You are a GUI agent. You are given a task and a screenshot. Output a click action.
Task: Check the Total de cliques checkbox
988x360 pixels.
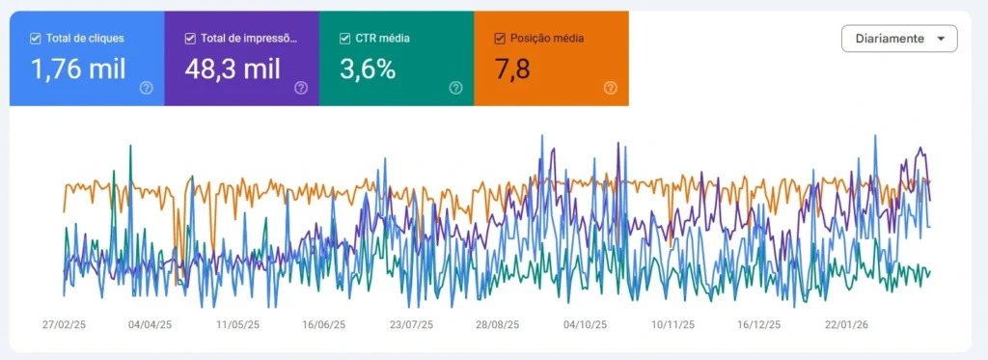click(x=36, y=39)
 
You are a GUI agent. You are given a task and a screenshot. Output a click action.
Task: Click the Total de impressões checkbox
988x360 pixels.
click(x=190, y=39)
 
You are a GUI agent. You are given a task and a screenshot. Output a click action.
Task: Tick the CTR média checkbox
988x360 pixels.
click(x=345, y=39)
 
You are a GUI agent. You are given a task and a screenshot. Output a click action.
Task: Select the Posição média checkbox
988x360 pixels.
click(x=499, y=39)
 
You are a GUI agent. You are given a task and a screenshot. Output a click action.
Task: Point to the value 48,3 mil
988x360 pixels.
click(x=232, y=69)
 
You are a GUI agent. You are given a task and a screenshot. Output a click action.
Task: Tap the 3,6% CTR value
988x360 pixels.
click(x=368, y=69)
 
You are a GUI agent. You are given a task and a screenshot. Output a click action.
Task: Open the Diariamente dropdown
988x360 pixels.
click(x=899, y=39)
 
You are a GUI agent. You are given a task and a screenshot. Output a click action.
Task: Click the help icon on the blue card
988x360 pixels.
click(x=146, y=88)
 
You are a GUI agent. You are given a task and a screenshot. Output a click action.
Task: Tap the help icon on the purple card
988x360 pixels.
click(x=301, y=88)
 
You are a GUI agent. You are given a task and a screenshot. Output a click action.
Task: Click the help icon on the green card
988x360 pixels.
click(x=455, y=88)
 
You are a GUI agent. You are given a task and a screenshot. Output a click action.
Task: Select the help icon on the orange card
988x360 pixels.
click(x=610, y=88)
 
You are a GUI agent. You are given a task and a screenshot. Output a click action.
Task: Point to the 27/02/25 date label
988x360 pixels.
click(x=65, y=325)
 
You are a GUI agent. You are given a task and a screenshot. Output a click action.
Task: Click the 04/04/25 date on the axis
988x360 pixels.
click(x=150, y=325)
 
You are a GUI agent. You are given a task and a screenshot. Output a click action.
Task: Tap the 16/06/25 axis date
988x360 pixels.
click(x=323, y=325)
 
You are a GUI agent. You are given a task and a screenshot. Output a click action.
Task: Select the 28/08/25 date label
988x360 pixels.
click(x=497, y=325)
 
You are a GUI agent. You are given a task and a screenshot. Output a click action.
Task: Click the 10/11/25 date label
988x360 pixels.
click(x=672, y=325)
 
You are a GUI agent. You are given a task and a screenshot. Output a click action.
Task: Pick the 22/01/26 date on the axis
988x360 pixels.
click(x=846, y=325)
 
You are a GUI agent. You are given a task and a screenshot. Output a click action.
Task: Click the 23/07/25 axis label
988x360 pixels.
click(x=411, y=325)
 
